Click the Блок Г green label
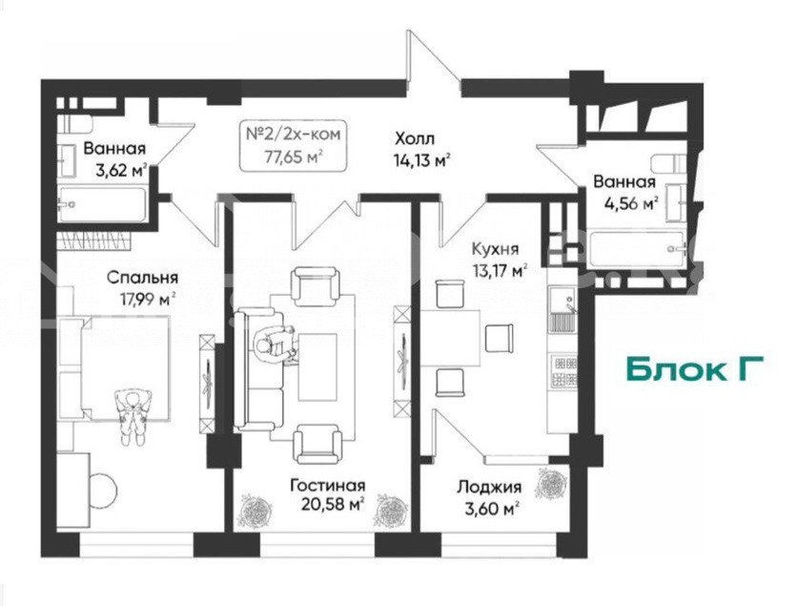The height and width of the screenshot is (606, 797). (x=695, y=369)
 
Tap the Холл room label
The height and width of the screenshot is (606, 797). (x=415, y=137)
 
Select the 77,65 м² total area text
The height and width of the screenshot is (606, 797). (x=294, y=157)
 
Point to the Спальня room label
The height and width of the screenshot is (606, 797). (x=142, y=278)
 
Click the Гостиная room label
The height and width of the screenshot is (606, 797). (x=327, y=486)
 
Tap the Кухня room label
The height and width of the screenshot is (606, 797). (x=496, y=249)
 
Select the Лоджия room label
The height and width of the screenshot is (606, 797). (x=489, y=487)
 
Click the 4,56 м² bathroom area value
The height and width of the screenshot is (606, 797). (x=631, y=204)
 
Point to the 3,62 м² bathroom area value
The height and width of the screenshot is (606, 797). (x=122, y=170)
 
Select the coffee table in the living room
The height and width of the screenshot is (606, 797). (x=317, y=366)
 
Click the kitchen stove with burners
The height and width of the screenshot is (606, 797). (x=565, y=370)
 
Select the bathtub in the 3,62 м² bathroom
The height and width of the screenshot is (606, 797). (x=103, y=204)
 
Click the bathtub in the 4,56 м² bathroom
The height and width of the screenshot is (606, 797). (x=637, y=249)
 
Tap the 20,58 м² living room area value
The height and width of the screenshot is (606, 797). (x=334, y=504)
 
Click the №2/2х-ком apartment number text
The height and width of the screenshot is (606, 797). (x=294, y=135)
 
